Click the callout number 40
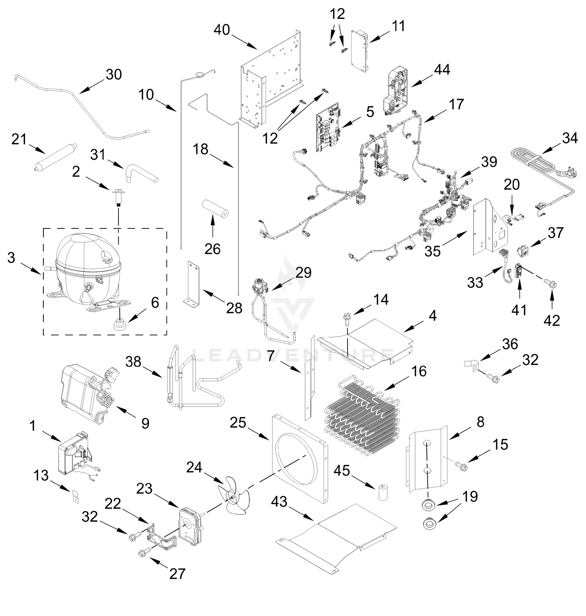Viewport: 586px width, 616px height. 222,30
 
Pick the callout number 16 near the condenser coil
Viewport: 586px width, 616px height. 419,371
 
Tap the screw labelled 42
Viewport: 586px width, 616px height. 552,285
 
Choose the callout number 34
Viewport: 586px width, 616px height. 570,138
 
